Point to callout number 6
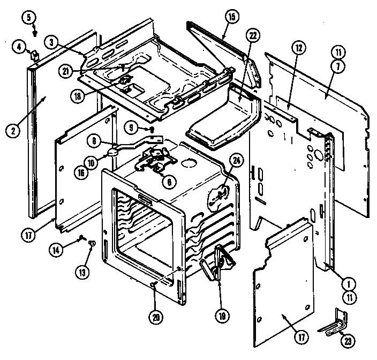(169, 182)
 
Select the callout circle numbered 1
(349, 283)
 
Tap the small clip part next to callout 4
(35, 54)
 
